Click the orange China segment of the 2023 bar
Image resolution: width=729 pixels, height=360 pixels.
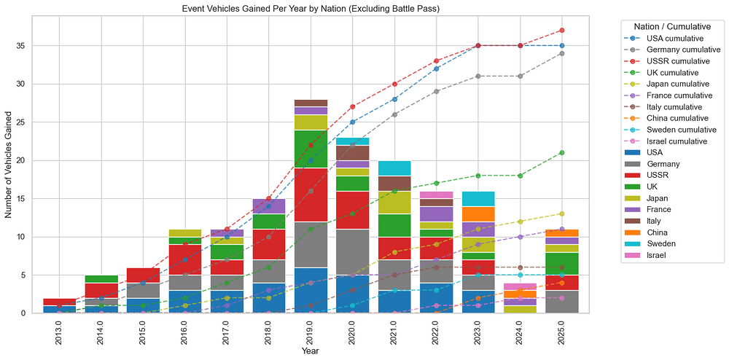click(x=477, y=214)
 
